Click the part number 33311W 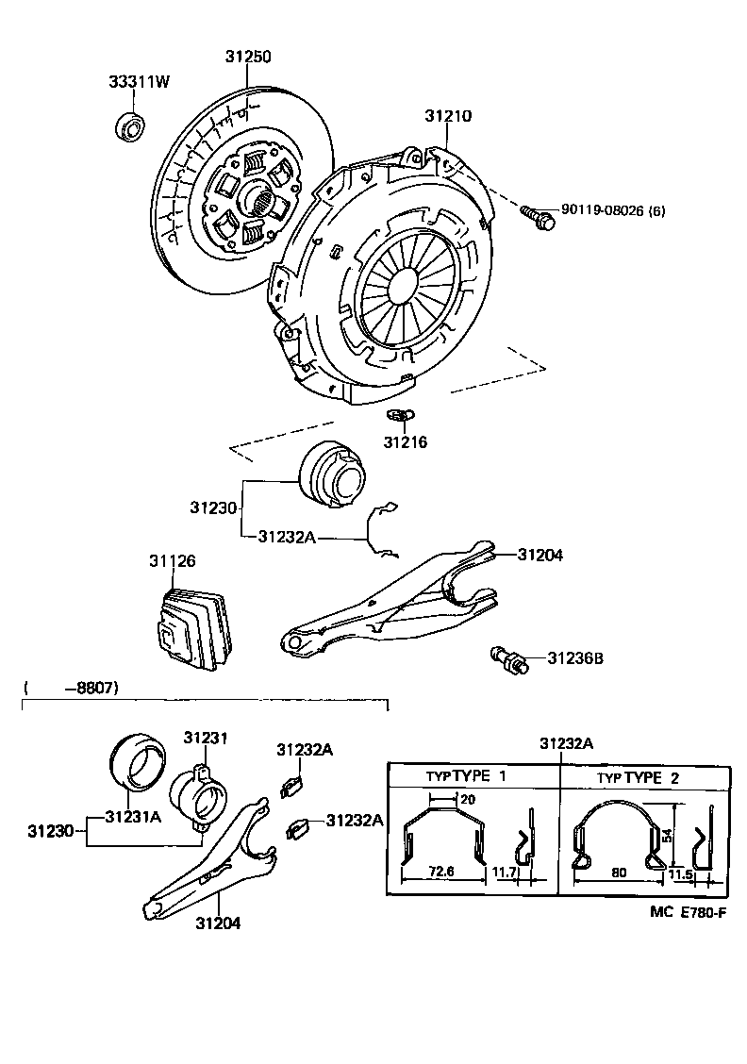[138, 82]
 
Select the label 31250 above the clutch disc [248, 57]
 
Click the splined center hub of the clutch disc [257, 199]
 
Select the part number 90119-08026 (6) [613, 210]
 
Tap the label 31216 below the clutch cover [405, 441]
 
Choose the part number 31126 [172, 561]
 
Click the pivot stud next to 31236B [506, 657]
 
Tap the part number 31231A [133, 816]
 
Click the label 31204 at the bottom [218, 923]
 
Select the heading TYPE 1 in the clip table [479, 776]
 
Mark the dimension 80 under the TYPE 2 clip [619, 873]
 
